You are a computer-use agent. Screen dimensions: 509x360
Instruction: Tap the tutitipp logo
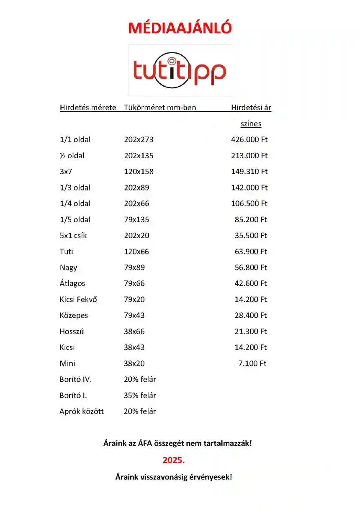click(x=180, y=70)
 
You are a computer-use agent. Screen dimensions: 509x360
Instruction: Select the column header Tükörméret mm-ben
click(x=160, y=108)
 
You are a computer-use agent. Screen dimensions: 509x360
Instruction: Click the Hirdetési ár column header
click(x=251, y=108)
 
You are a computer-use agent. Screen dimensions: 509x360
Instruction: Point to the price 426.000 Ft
click(x=249, y=139)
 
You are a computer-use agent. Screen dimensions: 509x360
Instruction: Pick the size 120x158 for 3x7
click(x=139, y=172)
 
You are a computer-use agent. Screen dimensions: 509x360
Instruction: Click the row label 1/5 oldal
click(x=75, y=219)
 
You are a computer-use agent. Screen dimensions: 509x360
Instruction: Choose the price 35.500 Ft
click(x=251, y=236)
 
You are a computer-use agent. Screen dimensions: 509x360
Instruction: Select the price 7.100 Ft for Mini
click(x=252, y=363)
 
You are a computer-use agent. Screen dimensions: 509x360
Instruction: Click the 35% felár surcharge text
click(x=140, y=395)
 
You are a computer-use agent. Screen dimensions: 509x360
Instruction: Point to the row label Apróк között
click(x=82, y=411)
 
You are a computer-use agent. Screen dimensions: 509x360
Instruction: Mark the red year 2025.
click(x=173, y=460)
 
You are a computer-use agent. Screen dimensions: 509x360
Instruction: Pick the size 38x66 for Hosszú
click(x=134, y=332)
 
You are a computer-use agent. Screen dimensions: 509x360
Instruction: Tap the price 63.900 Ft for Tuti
click(x=251, y=252)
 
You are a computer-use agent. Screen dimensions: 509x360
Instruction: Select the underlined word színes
click(x=251, y=124)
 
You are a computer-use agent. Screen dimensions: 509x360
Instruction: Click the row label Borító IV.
click(x=75, y=379)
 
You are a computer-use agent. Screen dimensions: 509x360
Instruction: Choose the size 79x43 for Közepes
click(x=134, y=316)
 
